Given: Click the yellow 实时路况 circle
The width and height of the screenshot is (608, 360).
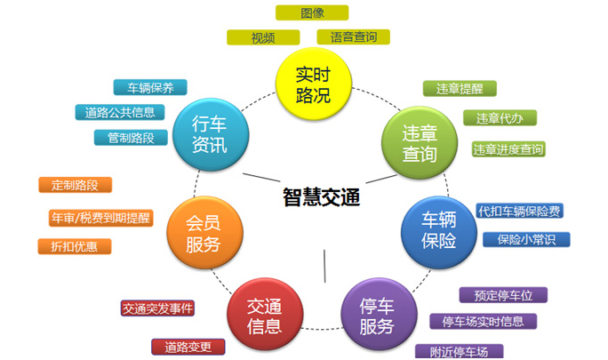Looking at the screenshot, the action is (x=313, y=84).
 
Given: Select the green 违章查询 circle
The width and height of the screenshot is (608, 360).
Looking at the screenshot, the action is (x=420, y=143).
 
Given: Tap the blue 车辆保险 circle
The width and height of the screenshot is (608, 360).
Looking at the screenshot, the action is (x=439, y=232).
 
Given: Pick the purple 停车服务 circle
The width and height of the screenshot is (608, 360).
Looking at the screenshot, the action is (x=379, y=315).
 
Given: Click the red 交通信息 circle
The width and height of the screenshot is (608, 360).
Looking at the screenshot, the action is (x=265, y=315).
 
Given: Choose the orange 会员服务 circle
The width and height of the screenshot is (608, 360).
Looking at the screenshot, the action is (x=204, y=233).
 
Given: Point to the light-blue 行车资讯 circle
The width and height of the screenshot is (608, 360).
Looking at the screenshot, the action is (x=211, y=134).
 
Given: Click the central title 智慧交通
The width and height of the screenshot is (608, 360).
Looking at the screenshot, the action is (x=321, y=196).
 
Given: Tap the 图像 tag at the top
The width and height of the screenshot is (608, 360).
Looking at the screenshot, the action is (x=312, y=12).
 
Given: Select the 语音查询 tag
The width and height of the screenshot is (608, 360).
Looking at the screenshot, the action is (x=353, y=37).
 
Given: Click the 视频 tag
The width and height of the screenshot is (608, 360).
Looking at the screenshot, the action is (x=263, y=37).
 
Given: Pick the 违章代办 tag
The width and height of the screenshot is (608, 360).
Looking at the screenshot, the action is (x=500, y=118).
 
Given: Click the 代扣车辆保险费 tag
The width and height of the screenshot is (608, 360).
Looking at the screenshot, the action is (x=520, y=211).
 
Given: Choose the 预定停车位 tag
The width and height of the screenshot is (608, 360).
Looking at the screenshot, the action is (x=503, y=295).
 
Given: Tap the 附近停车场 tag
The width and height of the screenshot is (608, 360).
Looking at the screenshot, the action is (x=459, y=351).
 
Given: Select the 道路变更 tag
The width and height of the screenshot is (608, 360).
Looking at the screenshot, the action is (x=188, y=347).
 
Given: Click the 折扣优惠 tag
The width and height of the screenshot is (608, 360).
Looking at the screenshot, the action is (x=75, y=247).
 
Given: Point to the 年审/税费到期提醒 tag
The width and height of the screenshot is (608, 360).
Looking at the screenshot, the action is (x=100, y=218).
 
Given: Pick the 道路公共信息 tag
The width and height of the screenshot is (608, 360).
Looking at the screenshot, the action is (x=120, y=113).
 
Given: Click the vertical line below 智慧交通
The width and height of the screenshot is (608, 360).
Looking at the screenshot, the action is (x=324, y=266).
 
